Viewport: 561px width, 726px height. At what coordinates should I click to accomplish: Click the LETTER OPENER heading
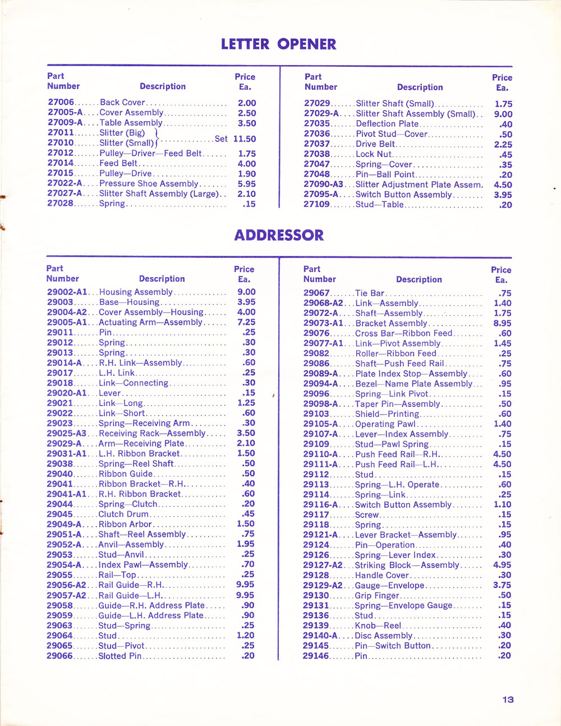pyautogui.click(x=278, y=44)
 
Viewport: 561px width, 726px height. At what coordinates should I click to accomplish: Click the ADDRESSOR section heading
pyautogui.click(x=279, y=235)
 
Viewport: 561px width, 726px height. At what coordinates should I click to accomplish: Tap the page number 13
pyautogui.click(x=508, y=699)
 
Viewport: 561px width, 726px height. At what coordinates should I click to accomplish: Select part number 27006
pyautogui.click(x=61, y=103)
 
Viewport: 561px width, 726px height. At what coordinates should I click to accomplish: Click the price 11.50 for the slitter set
pyautogui.click(x=245, y=139)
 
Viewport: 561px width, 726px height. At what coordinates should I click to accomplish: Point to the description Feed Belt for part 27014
pyautogui.click(x=118, y=163)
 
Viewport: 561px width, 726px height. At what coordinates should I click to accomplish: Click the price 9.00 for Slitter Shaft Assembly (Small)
pyautogui.click(x=503, y=114)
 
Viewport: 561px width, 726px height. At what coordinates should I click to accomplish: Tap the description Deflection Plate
pyautogui.click(x=387, y=124)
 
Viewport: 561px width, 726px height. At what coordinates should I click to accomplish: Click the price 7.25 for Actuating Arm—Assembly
pyautogui.click(x=246, y=322)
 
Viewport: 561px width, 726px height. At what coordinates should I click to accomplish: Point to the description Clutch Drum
pyautogui.click(x=123, y=514)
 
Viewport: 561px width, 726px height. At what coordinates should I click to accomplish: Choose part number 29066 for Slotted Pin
pyautogui.click(x=59, y=656)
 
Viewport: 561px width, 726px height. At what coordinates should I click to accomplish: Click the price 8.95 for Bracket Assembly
pyautogui.click(x=502, y=323)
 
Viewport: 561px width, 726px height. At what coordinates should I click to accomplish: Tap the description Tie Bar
pyautogui.click(x=370, y=293)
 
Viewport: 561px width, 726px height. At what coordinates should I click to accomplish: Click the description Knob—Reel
pyautogui.click(x=378, y=626)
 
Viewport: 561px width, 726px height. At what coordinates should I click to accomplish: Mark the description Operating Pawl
pyautogui.click(x=385, y=424)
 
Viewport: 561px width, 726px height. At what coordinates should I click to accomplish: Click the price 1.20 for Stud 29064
pyautogui.click(x=245, y=635)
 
